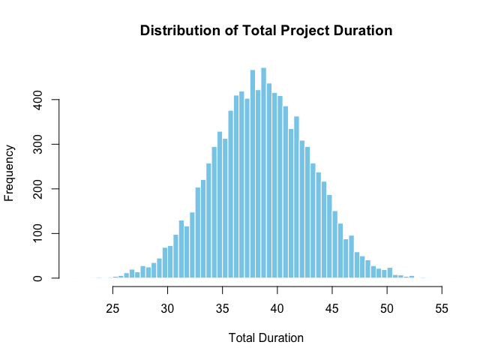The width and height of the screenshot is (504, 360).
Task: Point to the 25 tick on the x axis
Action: click(113, 307)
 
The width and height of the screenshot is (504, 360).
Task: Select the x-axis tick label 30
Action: click(168, 307)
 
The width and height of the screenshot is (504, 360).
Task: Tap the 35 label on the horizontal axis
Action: click(223, 307)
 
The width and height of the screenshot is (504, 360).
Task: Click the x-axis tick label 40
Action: click(277, 307)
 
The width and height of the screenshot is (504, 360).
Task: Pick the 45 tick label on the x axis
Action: click(332, 307)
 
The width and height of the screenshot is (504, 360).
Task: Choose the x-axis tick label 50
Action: click(387, 307)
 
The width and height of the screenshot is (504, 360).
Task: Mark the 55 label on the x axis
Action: click(442, 307)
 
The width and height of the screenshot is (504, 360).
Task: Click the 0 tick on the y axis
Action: click(36, 278)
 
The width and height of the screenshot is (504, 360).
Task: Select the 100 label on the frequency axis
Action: click(36, 233)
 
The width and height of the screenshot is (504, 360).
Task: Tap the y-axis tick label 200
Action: click(36, 189)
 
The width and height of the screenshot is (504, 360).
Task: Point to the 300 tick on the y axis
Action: click(36, 144)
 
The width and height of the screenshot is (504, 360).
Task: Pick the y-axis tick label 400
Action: click(36, 100)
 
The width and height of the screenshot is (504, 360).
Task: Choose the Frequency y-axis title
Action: click(10, 173)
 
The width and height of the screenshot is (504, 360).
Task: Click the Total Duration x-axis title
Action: click(266, 338)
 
